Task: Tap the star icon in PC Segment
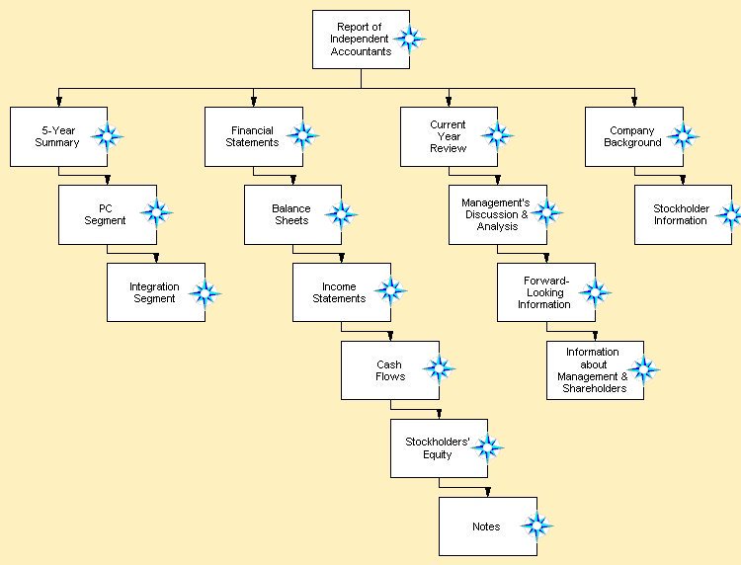pyautogui.click(x=156, y=212)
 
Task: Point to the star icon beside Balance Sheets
pyautogui.click(x=341, y=213)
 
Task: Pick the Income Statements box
pyautogui.click(x=340, y=292)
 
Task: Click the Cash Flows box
pyautogui.click(x=389, y=370)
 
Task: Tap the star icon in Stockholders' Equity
pyautogui.click(x=486, y=446)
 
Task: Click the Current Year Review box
pyautogui.click(x=448, y=136)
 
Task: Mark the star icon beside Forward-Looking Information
pyautogui.click(x=595, y=291)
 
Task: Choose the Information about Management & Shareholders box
pyautogui.click(x=593, y=370)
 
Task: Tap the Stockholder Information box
pyautogui.click(x=682, y=214)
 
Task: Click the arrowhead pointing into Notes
pyautogui.click(x=488, y=492)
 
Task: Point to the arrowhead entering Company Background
pyautogui.click(x=633, y=102)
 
